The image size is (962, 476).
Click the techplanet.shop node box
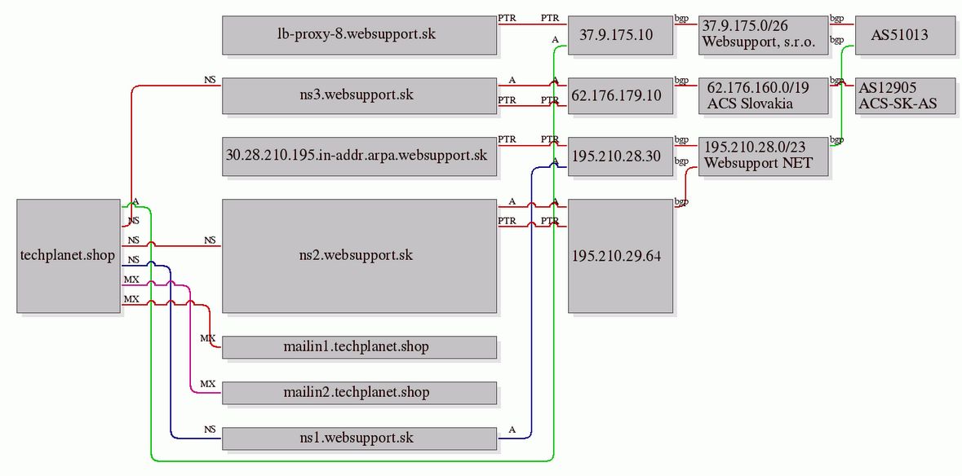(69, 256)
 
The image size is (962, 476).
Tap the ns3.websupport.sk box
(359, 95)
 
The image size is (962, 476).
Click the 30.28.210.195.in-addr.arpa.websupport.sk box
(359, 156)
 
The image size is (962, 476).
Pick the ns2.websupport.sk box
(359, 256)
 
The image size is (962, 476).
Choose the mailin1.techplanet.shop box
(359, 346)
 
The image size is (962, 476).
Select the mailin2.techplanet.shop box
(359, 393)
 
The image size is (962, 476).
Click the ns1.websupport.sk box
(359, 439)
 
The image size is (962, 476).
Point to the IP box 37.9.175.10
(620, 35)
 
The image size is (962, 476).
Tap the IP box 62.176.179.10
(620, 95)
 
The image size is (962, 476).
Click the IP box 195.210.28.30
(620, 156)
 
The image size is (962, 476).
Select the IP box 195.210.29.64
(620, 256)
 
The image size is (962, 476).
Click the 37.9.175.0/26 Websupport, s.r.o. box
(763, 35)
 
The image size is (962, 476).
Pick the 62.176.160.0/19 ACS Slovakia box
(763, 95)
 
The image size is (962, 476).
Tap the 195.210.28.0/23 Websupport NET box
(763, 156)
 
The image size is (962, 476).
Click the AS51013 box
(899, 35)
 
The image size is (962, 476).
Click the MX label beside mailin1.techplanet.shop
(208, 338)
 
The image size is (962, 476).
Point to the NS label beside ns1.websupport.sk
(210, 430)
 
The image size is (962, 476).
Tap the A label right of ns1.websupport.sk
(512, 430)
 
